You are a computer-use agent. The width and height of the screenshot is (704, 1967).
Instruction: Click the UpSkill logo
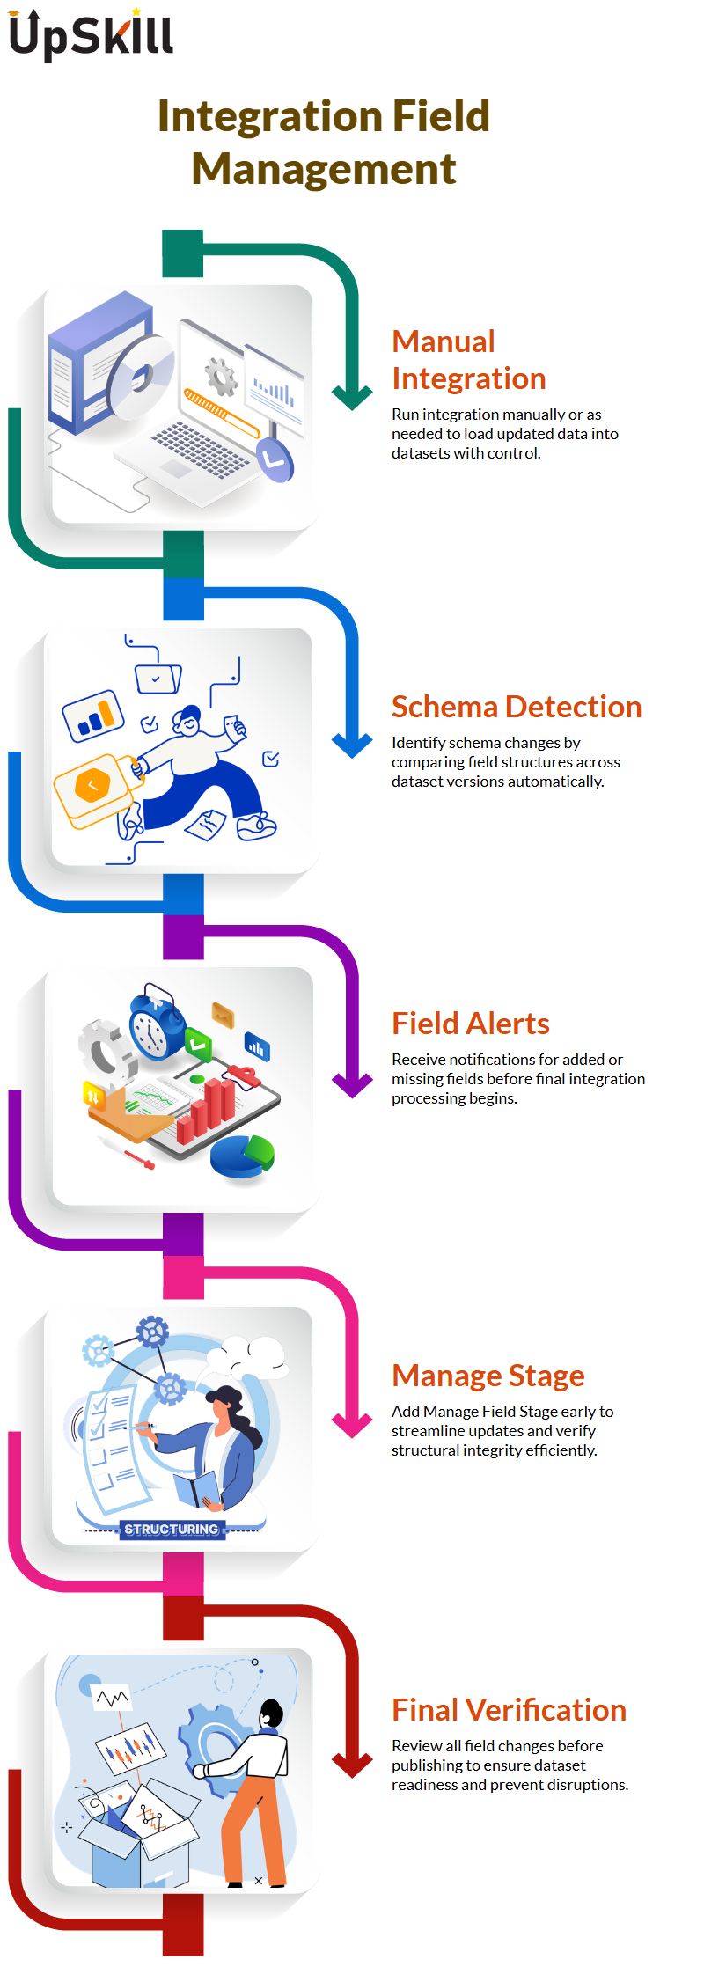(x=91, y=35)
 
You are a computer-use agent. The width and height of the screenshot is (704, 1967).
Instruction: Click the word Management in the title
(x=324, y=168)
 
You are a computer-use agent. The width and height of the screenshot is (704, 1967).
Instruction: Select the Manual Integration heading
(x=469, y=359)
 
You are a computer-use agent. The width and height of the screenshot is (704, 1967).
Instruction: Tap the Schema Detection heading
(x=517, y=707)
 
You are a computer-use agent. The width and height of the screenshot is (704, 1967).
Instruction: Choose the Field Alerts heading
(x=471, y=1024)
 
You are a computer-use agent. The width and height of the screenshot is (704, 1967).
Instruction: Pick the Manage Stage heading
(x=488, y=1375)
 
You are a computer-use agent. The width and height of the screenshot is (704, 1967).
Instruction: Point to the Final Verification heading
(x=510, y=1710)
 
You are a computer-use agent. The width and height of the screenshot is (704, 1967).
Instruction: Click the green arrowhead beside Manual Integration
(x=353, y=397)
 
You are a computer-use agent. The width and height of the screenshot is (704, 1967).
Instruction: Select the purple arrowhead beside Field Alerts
(x=353, y=1085)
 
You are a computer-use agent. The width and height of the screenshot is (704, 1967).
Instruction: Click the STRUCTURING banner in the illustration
(x=171, y=1530)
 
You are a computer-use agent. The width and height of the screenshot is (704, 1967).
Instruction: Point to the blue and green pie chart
(x=243, y=1156)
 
